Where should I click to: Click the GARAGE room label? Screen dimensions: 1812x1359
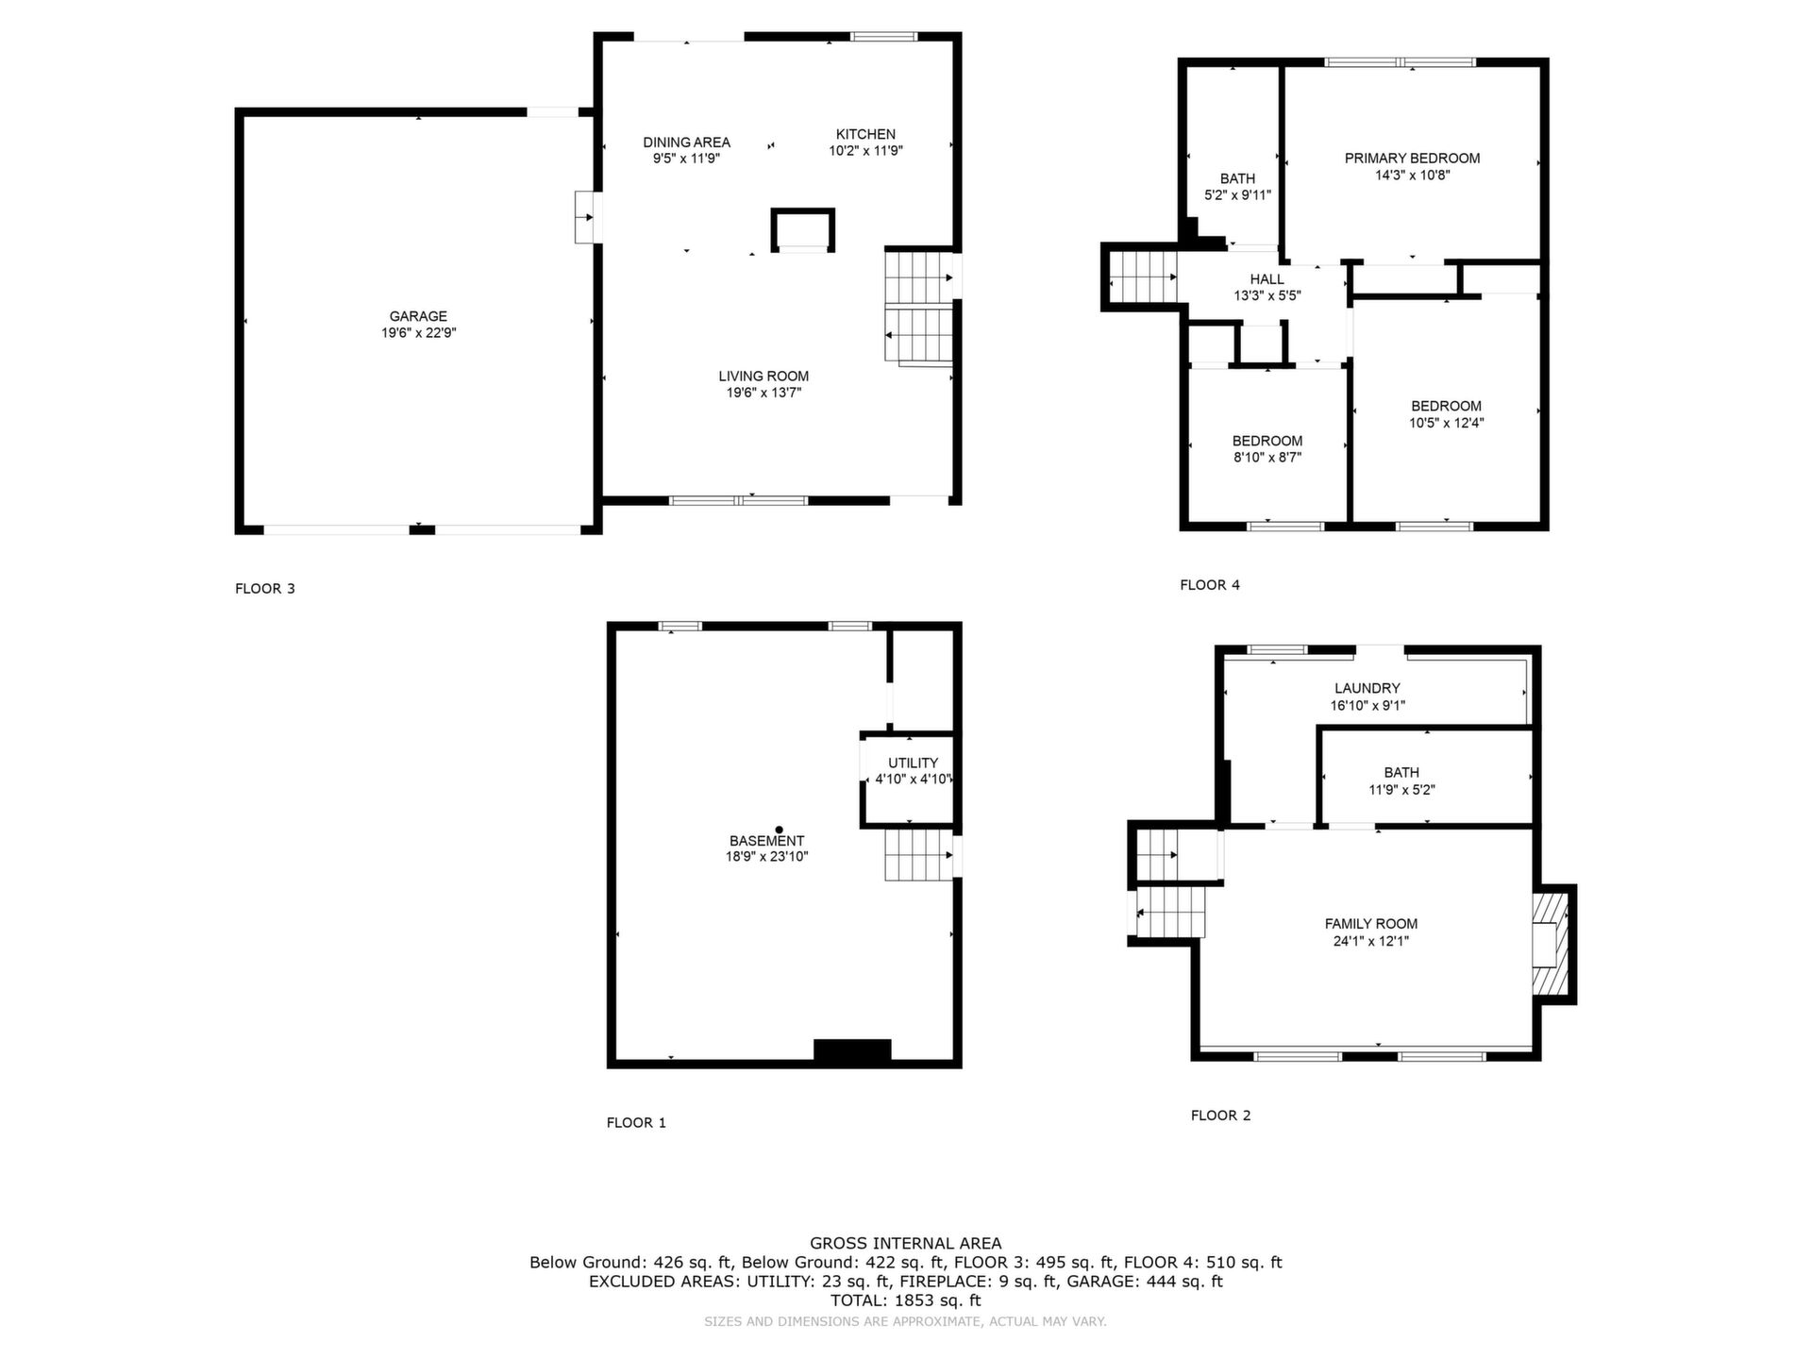(418, 316)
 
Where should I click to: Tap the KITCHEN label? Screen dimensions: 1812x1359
(865, 134)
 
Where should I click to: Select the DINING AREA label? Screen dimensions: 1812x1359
(686, 143)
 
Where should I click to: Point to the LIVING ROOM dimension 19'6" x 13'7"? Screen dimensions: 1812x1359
(763, 393)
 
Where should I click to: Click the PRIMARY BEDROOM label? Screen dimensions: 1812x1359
(1412, 159)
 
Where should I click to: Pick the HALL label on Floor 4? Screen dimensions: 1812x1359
(1267, 279)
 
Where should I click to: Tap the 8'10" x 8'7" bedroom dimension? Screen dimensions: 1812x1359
(1267, 458)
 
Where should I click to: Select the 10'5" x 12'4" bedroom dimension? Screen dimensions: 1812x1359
(1446, 424)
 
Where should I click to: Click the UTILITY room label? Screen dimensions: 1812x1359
(913, 763)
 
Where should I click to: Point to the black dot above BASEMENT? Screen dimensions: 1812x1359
(779, 830)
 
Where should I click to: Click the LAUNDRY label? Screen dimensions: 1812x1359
(1367, 689)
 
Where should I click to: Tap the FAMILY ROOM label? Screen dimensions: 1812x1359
(1371, 924)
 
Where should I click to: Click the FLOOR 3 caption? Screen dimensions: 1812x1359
(265, 589)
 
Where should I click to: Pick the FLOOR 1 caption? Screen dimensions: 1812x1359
(636, 1123)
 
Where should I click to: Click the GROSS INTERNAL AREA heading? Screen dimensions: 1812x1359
(906, 1244)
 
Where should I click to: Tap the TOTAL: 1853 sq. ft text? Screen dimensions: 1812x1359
(906, 1300)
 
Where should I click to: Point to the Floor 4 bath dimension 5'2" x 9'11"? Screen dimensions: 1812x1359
(1237, 195)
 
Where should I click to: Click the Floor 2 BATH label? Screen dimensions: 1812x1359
(1401, 773)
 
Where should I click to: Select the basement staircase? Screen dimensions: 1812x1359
(918, 855)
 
